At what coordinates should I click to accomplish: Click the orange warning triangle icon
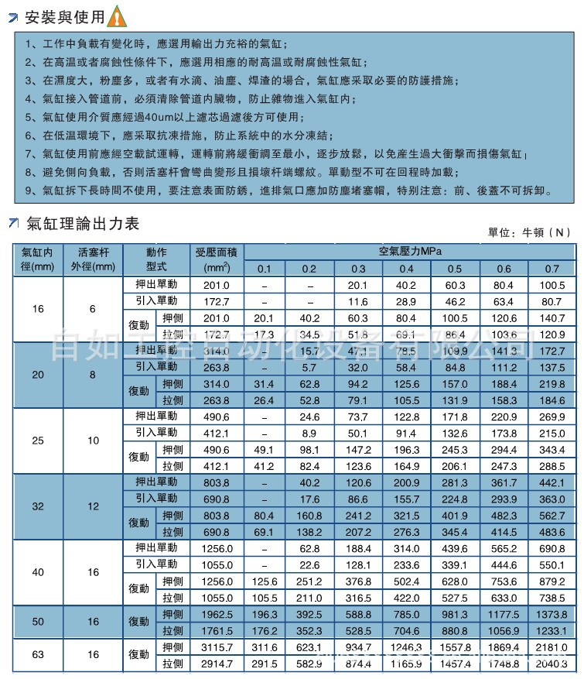[115, 15]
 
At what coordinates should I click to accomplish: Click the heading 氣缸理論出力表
[83, 224]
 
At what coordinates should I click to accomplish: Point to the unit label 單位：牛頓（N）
[531, 231]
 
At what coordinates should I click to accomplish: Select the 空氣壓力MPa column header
[409, 252]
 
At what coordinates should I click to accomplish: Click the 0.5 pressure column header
[455, 269]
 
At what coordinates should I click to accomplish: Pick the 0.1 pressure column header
[265, 269]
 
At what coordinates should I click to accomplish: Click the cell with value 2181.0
[552, 646]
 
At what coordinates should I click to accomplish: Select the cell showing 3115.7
[217, 646]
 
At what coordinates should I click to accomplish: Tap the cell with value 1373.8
[552, 614]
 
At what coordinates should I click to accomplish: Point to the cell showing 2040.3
[552, 664]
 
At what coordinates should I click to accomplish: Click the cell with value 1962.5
[217, 614]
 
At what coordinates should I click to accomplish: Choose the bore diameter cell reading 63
[38, 655]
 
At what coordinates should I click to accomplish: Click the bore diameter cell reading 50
[38, 622]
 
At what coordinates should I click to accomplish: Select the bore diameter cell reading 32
[38, 506]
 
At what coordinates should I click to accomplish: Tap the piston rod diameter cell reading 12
[93, 506]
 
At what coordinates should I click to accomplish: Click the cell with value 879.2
[552, 581]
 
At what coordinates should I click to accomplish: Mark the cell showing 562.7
[552, 516]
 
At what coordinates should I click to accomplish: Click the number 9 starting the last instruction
[29, 189]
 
